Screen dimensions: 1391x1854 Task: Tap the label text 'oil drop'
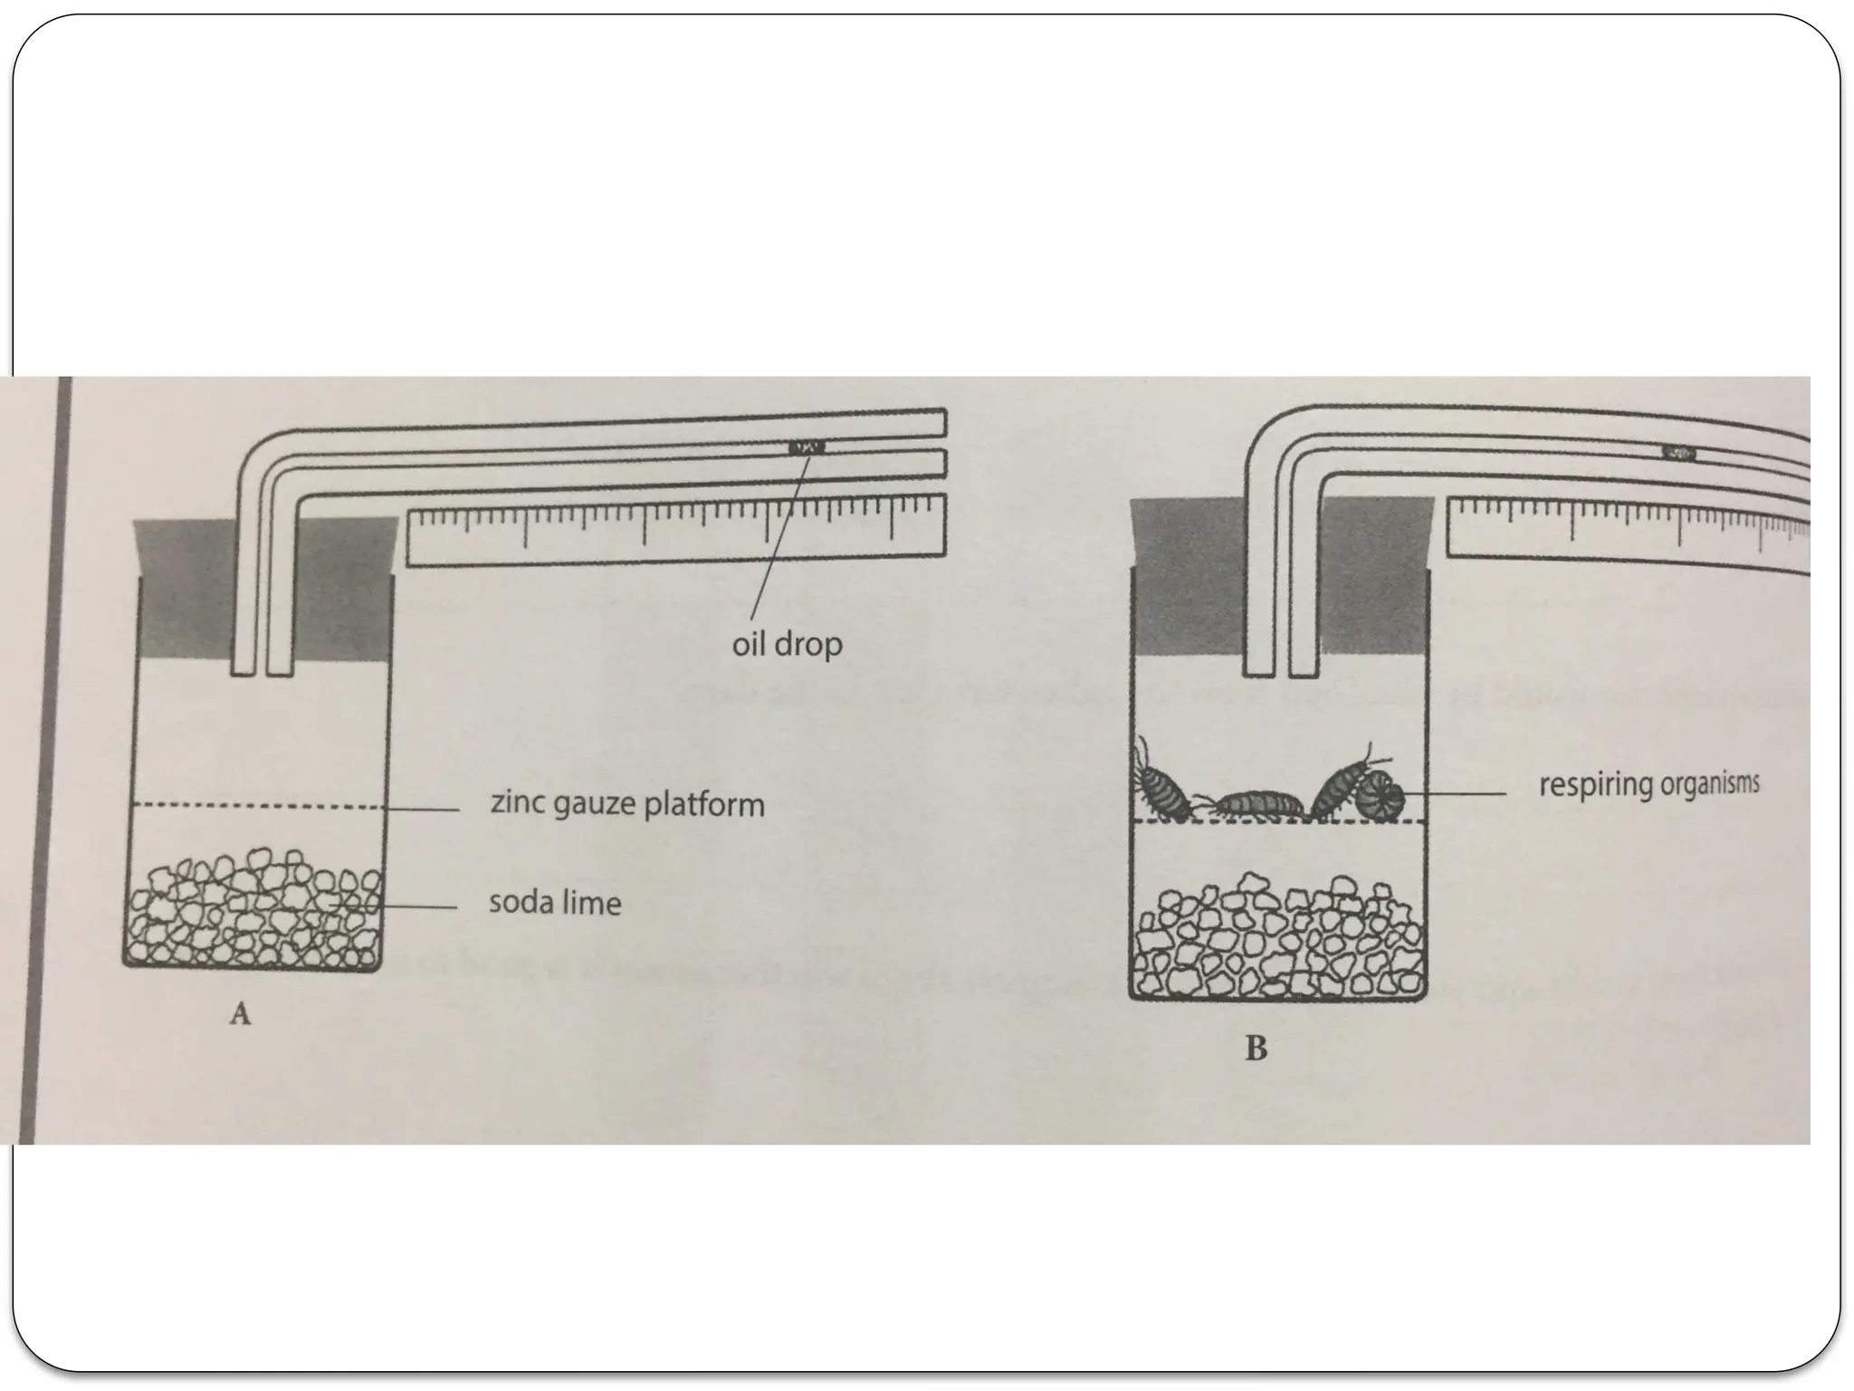tap(787, 645)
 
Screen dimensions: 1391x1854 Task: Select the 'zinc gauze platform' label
tap(626, 803)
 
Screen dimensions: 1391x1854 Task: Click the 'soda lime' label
tap(555, 903)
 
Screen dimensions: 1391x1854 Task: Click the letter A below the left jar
tap(239, 1015)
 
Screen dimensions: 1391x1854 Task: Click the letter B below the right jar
tap(1256, 1049)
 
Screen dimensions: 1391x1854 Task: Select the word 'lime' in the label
tap(593, 903)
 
